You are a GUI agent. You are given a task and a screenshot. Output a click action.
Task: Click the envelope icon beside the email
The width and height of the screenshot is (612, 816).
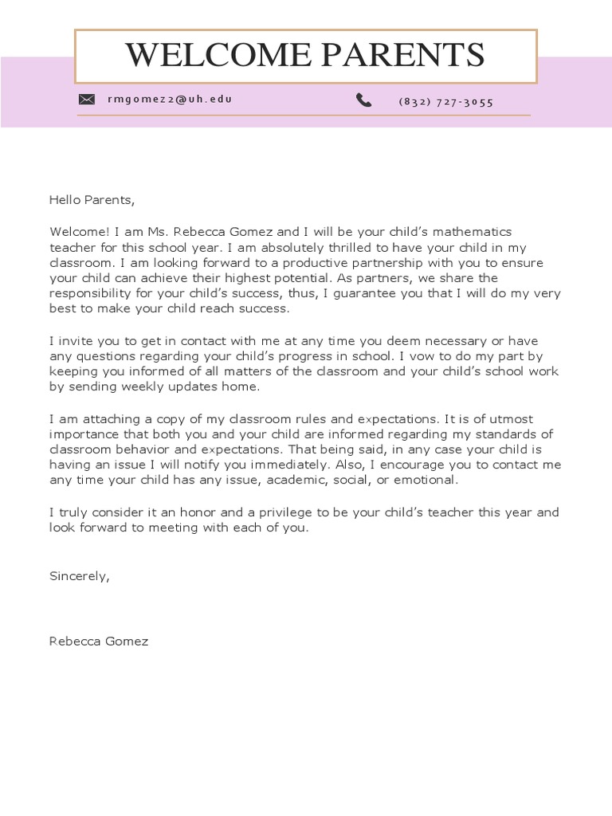click(x=87, y=100)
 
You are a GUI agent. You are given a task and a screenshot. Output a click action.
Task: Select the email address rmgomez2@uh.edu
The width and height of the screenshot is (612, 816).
click(x=170, y=100)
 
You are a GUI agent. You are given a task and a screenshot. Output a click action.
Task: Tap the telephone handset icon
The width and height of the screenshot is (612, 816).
click(x=364, y=100)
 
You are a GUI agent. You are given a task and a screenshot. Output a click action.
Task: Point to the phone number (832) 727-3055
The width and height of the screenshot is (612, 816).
click(x=445, y=101)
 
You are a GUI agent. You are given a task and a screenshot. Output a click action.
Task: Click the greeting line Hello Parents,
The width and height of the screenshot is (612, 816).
click(x=87, y=200)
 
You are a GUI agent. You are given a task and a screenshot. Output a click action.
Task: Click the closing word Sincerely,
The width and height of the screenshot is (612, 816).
click(x=79, y=575)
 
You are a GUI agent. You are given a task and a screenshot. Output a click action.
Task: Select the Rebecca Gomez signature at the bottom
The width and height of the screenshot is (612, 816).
click(x=99, y=641)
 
